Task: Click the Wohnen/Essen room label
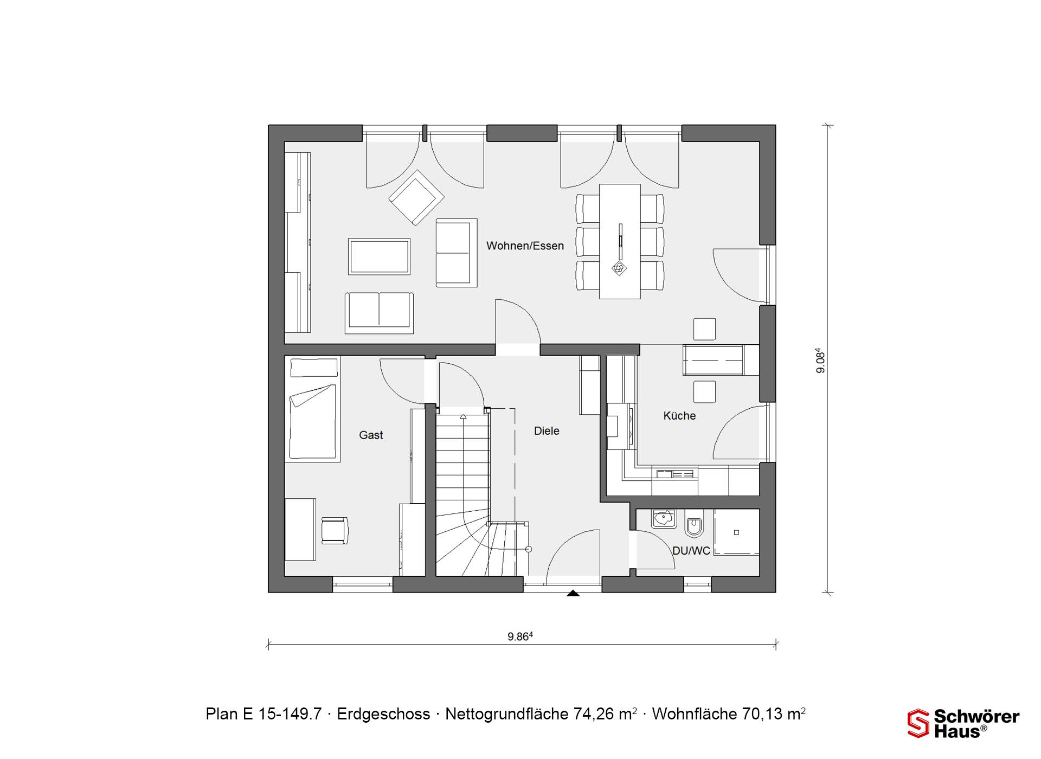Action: tap(525, 246)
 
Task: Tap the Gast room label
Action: tap(371, 435)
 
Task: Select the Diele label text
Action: tap(547, 431)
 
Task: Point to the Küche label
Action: tap(679, 416)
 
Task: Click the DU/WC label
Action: tap(691, 551)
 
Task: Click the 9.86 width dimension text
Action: tap(520, 636)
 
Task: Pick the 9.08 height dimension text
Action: tap(820, 361)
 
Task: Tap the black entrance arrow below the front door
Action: tap(573, 594)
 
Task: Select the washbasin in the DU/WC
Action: tap(664, 519)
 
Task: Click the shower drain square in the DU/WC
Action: tap(736, 532)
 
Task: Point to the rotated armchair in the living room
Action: tap(416, 197)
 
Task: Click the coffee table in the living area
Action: tap(379, 256)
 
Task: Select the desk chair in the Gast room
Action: tap(335, 530)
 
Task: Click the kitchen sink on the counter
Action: tap(675, 474)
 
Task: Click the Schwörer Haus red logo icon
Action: tap(918, 723)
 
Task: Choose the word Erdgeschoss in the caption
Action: tap(383, 714)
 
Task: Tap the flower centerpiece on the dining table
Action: tap(619, 268)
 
